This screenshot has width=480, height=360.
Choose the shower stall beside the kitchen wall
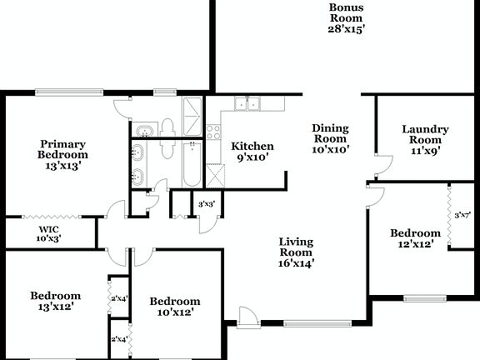191,117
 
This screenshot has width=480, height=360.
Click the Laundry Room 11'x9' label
425,140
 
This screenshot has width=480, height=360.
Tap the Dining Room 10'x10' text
330,139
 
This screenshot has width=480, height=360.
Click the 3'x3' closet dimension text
205,204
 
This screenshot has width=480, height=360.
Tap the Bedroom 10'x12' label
175,307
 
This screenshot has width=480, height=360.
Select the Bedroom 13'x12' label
56,301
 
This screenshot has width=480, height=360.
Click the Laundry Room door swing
382,164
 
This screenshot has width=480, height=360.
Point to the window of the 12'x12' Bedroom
421,297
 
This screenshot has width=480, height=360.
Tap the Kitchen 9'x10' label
252,152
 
